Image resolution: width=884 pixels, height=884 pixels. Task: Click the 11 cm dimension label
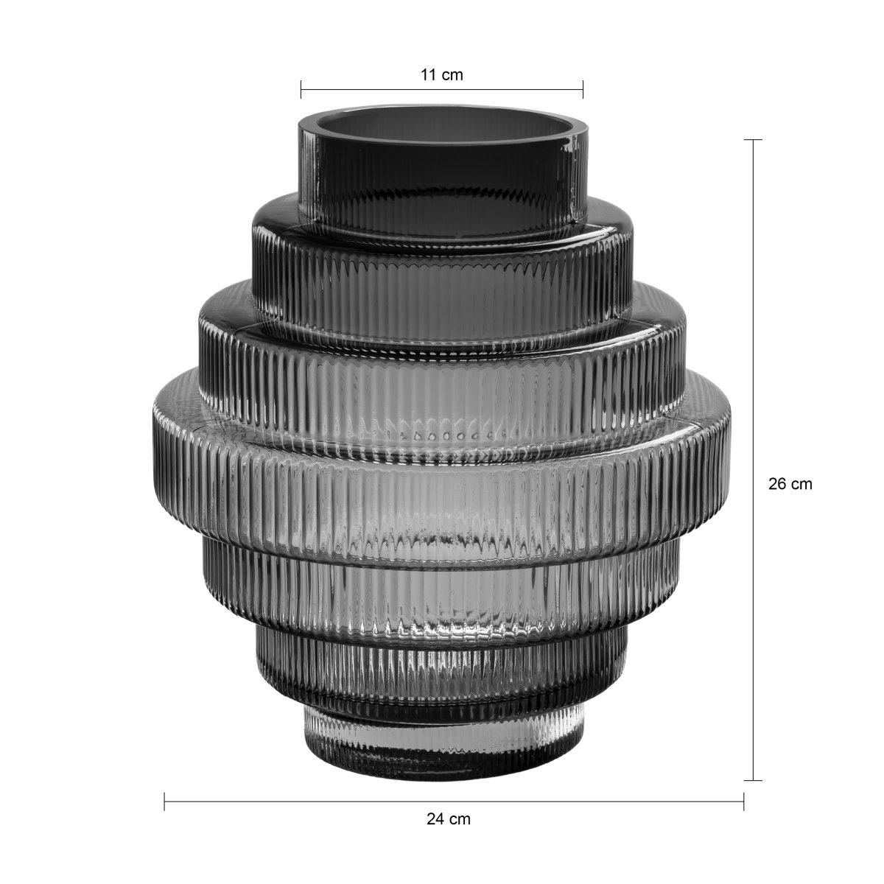point(442,75)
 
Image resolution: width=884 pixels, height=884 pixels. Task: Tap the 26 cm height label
point(790,484)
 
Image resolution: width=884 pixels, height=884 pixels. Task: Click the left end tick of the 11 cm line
point(301,89)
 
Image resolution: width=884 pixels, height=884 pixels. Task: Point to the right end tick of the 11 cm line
point(583,89)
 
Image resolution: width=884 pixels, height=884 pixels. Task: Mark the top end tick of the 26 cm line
point(753,139)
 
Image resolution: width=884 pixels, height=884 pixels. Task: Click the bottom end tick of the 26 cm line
point(753,780)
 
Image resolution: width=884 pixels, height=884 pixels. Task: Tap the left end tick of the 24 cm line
point(164,801)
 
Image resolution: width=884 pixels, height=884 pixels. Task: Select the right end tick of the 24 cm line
point(743,801)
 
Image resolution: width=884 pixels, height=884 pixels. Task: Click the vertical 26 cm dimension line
point(753,460)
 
